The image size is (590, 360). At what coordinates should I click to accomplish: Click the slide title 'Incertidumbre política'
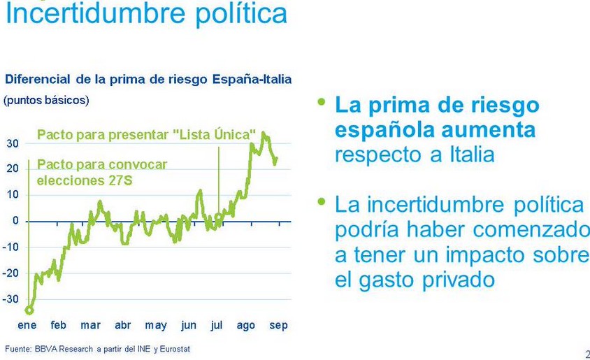146,14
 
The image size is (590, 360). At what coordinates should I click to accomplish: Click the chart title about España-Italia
148,79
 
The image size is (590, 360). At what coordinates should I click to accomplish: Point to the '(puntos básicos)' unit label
46,100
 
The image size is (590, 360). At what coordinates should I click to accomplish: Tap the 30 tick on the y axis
13,143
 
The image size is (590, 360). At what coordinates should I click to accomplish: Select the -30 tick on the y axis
10,299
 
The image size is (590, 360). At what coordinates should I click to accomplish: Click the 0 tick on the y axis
15,221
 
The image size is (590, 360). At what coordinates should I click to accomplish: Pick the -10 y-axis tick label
10,247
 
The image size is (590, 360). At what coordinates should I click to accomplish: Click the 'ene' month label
27,325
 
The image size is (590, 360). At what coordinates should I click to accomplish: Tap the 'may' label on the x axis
156,325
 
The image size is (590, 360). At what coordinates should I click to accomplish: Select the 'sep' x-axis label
278,325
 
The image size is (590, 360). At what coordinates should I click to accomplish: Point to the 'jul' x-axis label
217,325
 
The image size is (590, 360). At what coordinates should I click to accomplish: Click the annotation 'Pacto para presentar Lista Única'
146,134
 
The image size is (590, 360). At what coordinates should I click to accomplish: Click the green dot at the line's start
29,310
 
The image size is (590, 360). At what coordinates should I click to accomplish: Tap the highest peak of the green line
263,134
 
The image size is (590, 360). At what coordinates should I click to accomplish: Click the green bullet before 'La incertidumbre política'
322,201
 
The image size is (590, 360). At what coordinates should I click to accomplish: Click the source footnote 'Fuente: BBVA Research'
97,348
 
